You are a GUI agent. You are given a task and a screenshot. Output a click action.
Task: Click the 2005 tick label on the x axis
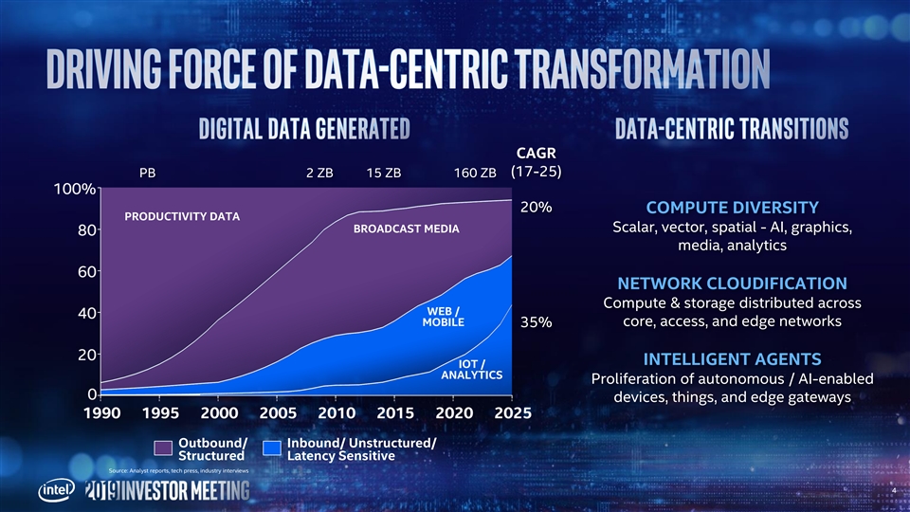(278, 414)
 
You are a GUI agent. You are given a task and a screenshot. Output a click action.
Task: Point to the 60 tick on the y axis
(84, 271)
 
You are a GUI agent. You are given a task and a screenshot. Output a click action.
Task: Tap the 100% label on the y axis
(74, 189)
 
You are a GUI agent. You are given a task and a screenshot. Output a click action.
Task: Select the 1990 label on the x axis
(102, 414)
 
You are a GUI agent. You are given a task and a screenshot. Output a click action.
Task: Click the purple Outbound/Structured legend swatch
(163, 448)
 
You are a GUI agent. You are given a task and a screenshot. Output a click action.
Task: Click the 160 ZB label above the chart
(475, 174)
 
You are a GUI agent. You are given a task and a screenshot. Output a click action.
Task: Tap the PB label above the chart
(147, 174)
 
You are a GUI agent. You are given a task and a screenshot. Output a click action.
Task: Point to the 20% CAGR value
(537, 208)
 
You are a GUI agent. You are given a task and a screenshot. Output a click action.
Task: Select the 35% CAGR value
(537, 322)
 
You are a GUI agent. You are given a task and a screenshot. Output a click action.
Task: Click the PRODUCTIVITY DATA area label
(182, 217)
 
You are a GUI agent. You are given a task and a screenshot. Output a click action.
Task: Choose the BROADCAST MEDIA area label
(406, 229)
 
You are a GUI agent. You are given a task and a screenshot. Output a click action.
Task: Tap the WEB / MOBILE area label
(444, 317)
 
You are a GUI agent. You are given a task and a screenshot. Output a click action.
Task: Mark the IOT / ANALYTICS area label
(471, 369)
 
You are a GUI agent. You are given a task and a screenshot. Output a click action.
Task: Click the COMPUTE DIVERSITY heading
(732, 208)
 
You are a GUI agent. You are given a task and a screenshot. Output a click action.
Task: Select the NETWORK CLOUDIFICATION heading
(732, 283)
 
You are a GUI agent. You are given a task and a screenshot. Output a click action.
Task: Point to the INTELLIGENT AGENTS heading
(732, 359)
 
